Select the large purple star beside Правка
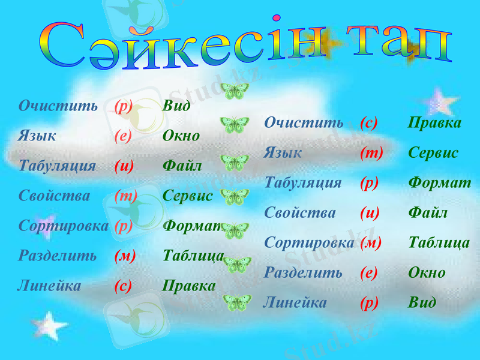tap(440, 102)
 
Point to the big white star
tap(49, 326)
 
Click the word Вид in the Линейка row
tap(422, 302)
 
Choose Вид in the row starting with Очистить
tap(176, 106)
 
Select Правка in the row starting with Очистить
tap(435, 123)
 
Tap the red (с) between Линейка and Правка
tap(123, 286)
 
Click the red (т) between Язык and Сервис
tap(371, 153)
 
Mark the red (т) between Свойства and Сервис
tap(125, 196)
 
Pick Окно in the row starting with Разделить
tap(427, 272)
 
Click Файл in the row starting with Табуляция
tap(182, 166)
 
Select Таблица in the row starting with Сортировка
tap(439, 242)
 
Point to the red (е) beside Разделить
tap(368, 272)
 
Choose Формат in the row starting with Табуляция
tap(439, 183)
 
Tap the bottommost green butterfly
tap(237, 302)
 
